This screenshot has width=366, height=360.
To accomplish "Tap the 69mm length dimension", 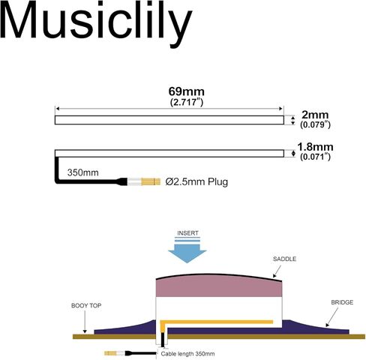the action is (x=186, y=91).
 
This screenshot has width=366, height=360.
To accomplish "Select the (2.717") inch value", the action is (x=187, y=102).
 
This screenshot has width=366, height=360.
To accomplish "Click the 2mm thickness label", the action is (x=315, y=115).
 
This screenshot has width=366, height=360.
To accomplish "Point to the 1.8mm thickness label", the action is (x=315, y=147).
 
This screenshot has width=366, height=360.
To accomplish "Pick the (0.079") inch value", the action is (x=315, y=124).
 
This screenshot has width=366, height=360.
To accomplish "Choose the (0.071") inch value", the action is (x=315, y=157).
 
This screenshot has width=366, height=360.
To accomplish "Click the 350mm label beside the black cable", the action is (x=82, y=172).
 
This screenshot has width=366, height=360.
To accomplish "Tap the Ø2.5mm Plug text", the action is (x=196, y=181).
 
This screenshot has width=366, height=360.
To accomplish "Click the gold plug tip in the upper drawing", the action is (x=151, y=181).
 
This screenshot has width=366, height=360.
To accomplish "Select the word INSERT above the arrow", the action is (x=187, y=233).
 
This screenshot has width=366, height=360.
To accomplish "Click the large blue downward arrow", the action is (x=187, y=251).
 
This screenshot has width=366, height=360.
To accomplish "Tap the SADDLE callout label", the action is (x=284, y=259).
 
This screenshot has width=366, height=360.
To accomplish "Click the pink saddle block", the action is (x=219, y=286).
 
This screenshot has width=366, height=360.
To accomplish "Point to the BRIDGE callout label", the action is (x=342, y=302).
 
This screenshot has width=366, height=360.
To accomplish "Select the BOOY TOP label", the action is (x=86, y=305).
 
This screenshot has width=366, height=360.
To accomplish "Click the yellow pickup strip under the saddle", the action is (x=216, y=322).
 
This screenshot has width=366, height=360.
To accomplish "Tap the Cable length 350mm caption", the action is (x=187, y=354).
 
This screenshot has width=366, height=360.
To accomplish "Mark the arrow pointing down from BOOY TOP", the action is (x=85, y=322).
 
